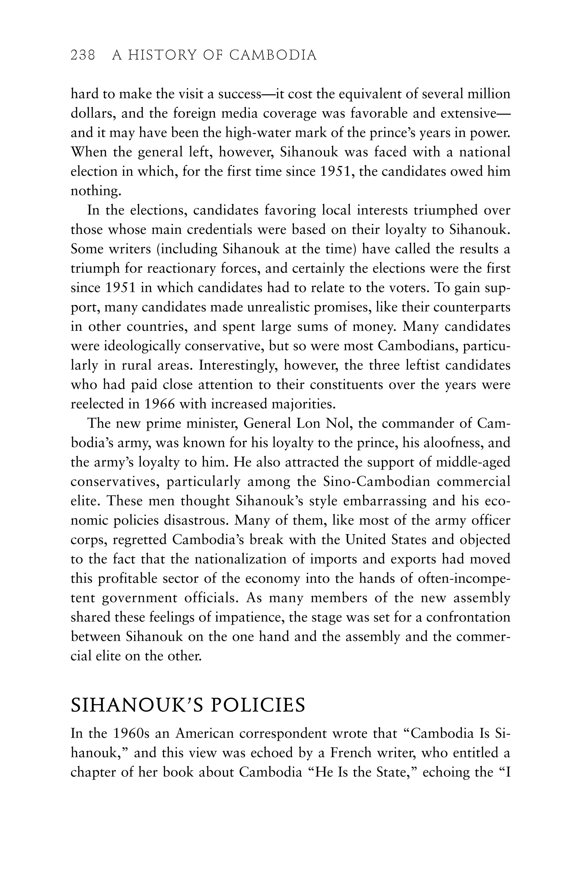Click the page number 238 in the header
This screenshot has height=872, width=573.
(x=83, y=55)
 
